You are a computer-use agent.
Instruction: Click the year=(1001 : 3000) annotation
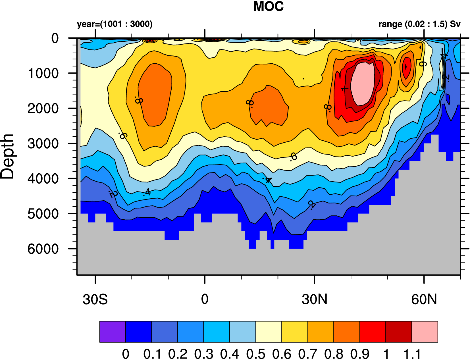[115, 24]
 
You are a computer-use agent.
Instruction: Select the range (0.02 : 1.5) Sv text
[419, 24]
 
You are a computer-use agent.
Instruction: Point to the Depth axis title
[7, 157]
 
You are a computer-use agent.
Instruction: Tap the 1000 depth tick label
[43, 74]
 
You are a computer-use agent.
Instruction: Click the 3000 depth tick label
[43, 144]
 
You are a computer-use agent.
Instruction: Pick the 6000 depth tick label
[43, 249]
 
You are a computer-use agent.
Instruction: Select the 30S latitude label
[95, 299]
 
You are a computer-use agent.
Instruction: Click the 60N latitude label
[424, 299]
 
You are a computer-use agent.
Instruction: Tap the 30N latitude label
[315, 299]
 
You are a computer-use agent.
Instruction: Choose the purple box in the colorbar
[113, 332]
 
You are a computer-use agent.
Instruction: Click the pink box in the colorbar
[425, 332]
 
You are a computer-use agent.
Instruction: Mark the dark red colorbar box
[399, 332]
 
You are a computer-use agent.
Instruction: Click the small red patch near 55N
[406, 67]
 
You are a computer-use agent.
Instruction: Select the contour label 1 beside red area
[344, 89]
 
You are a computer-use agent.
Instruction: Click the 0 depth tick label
[55, 38]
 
